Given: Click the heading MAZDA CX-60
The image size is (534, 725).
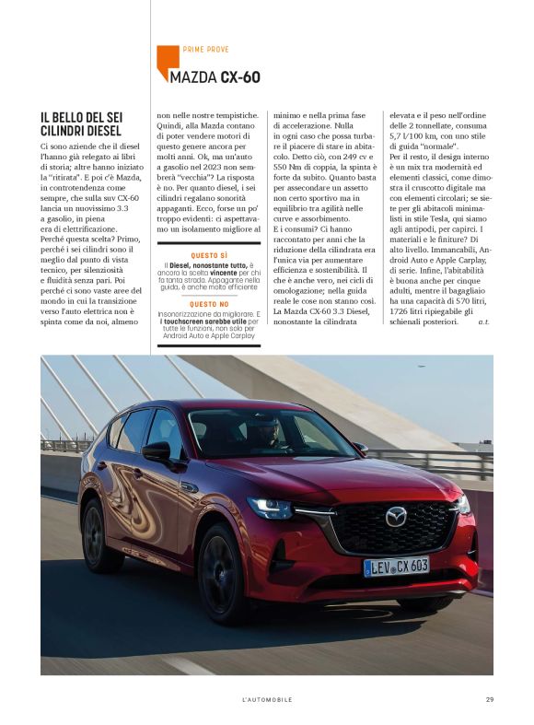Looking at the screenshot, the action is (x=215, y=76).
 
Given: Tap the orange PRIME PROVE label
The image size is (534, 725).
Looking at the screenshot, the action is (x=206, y=49).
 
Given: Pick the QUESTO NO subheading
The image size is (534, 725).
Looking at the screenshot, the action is (x=209, y=303).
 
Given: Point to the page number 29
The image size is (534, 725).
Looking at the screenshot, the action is (x=490, y=699).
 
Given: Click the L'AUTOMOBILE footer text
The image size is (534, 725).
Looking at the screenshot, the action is (x=267, y=699).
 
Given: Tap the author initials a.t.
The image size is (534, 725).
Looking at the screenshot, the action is (x=484, y=322).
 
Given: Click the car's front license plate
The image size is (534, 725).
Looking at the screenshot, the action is (x=396, y=566).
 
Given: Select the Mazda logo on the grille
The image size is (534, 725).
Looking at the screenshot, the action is (x=396, y=517).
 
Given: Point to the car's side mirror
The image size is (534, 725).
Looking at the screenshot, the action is (x=157, y=451).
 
